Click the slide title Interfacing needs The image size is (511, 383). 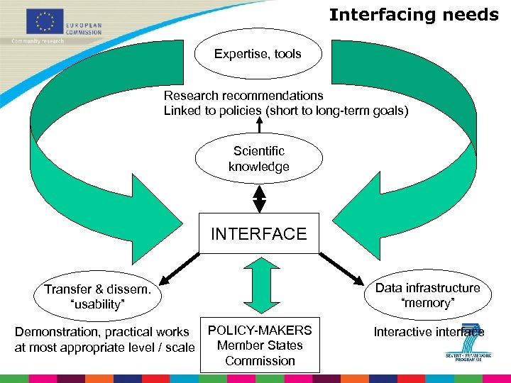(x=414, y=15)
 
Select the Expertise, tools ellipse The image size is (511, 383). (x=258, y=54)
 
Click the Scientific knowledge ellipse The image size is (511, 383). (x=258, y=159)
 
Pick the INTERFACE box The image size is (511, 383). (x=258, y=233)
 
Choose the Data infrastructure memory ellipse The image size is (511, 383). (x=427, y=295)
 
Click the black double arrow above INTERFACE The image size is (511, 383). (x=260, y=199)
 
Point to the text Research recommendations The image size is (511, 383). (x=243, y=96)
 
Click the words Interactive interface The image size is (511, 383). (x=429, y=332)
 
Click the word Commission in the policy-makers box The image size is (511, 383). (x=260, y=361)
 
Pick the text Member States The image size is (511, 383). (x=260, y=345)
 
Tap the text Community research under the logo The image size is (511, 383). (x=37, y=40)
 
